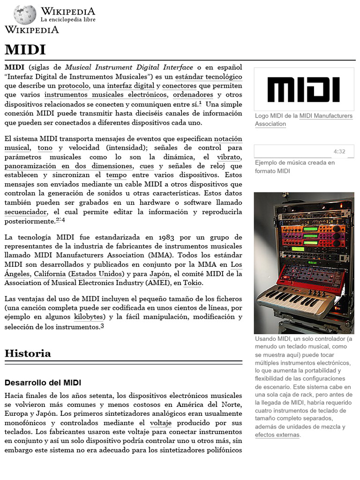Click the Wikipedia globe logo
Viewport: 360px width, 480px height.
24,15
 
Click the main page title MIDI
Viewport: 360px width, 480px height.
25,50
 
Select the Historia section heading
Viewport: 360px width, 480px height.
28,353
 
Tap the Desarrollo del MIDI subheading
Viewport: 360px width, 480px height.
43,382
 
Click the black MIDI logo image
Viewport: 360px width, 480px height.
303,90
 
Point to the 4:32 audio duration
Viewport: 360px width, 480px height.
339,151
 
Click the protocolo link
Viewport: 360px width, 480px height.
73,86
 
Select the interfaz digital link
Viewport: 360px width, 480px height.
130,86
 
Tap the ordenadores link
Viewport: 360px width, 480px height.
193,95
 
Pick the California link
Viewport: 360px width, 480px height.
46,274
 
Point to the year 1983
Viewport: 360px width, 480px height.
165,237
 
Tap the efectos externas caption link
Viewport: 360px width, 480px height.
277,435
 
